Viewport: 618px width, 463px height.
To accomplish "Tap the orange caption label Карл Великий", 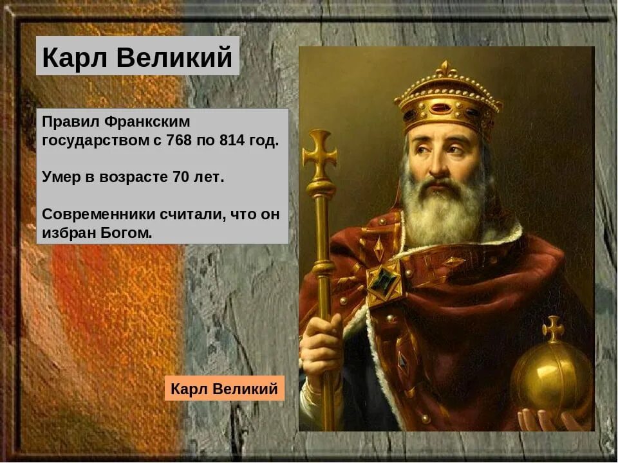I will coord(224,388).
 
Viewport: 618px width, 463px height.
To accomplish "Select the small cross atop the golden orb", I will coord(552,329).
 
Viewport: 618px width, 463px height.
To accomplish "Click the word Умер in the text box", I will coord(62,177).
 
